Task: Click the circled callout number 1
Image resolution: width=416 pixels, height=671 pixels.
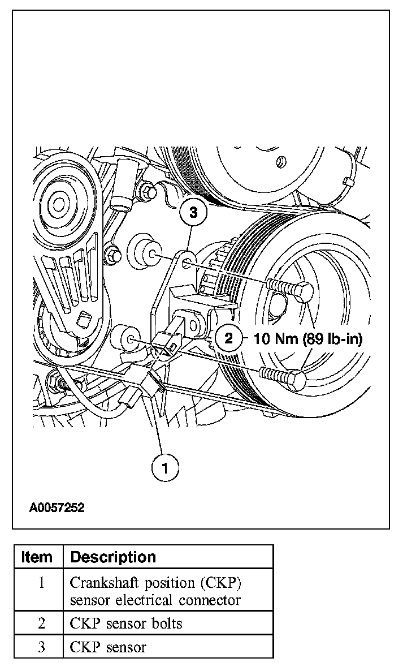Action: [x=165, y=467]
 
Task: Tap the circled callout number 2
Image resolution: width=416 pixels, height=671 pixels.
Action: [x=229, y=338]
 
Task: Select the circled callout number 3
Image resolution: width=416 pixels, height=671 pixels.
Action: [x=193, y=212]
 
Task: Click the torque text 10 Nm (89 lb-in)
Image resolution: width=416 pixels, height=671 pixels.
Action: [x=308, y=339]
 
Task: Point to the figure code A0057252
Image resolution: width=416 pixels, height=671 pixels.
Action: [x=57, y=508]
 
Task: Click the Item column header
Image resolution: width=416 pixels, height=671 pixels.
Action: [x=37, y=557]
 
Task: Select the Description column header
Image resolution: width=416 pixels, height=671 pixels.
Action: [x=113, y=557]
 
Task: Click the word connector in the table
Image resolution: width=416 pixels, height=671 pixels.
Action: [x=210, y=600]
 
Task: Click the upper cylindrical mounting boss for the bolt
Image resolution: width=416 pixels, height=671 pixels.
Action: [x=145, y=252]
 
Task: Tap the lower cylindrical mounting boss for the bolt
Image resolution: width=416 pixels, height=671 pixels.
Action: [x=125, y=339]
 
